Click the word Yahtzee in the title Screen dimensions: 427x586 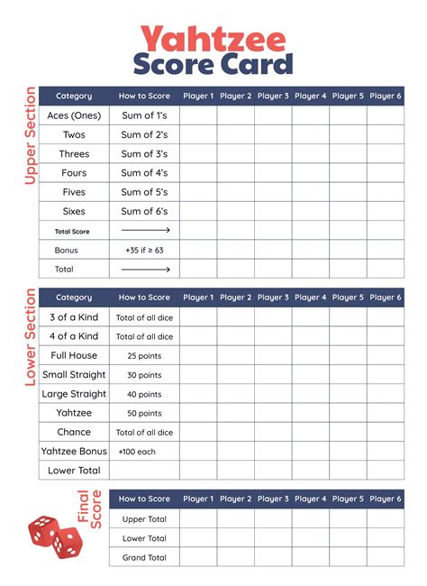tap(213, 38)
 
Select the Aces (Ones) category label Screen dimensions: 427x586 tap(74, 115)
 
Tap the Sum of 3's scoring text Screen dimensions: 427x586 tap(144, 154)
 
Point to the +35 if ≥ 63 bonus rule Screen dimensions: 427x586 tap(144, 250)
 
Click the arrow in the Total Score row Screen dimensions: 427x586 tap(145, 231)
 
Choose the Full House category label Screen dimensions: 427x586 tap(74, 355)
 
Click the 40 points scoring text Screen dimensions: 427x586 tap(144, 394)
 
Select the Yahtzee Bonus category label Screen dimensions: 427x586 tap(74, 451)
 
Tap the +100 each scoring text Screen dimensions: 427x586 tap(144, 451)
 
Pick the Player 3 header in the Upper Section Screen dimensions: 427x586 tap(273, 96)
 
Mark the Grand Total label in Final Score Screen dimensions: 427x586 tap(145, 558)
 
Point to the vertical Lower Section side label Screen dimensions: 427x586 tap(30, 337)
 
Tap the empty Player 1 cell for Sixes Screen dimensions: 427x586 tap(198, 211)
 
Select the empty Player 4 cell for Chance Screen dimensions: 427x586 tap(311, 432)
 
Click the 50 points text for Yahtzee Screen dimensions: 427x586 tap(144, 413)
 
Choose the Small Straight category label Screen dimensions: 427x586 tap(74, 374)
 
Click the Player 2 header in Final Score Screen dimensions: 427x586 tap(236, 499)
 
